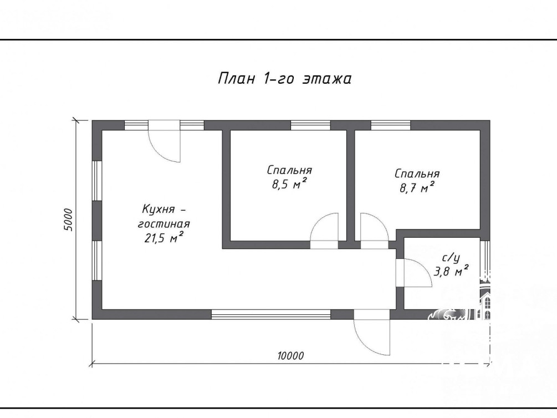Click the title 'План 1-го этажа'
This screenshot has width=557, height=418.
[284, 79]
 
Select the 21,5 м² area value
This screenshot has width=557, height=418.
[163, 237]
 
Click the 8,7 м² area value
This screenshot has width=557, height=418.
[417, 187]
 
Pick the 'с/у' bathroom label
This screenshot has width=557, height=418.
[451, 257]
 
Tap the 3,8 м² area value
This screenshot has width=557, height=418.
[451, 271]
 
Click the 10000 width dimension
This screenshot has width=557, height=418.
[290, 355]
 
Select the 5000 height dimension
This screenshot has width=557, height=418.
[68, 220]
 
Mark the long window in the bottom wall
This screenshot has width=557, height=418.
[271, 314]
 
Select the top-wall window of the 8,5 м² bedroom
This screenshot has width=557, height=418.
[310, 125]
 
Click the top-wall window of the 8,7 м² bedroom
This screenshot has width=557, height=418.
[391, 125]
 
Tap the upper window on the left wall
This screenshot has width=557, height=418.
[97, 181]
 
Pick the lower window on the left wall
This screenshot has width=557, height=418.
[97, 261]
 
